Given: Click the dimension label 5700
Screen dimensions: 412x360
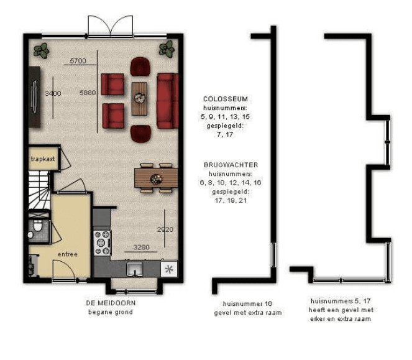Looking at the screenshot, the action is (78, 61).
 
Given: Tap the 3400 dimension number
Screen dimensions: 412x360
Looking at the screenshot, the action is (53, 93).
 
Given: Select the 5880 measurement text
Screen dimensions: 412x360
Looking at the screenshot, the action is (88, 93).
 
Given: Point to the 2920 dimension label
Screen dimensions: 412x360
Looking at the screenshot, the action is (165, 229).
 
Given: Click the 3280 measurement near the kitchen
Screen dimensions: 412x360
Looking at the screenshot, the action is (141, 247).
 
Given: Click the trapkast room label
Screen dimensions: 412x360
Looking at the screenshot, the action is (43, 159).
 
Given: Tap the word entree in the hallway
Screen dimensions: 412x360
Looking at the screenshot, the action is (68, 254).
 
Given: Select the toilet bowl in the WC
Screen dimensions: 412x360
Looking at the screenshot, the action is (37, 226).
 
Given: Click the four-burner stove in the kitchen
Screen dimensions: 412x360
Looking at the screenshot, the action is (102, 242).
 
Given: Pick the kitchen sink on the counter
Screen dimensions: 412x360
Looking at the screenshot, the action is (134, 269).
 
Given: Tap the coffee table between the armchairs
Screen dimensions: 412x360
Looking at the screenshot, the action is (139, 99).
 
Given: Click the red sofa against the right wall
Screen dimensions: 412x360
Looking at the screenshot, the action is (168, 101).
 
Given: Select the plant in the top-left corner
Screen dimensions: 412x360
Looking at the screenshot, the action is (41, 51).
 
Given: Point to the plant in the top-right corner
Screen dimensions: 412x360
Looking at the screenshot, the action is (167, 49).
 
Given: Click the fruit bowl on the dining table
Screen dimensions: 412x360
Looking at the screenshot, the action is (156, 179).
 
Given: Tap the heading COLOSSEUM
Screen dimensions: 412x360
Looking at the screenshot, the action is (226, 99).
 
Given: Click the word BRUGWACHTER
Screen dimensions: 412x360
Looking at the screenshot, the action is (231, 165).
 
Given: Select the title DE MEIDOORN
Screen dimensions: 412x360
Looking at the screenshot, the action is (111, 303).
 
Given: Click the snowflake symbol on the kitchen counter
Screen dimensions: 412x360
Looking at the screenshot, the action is (169, 269).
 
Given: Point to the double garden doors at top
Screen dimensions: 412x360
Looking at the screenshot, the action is (111, 25).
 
